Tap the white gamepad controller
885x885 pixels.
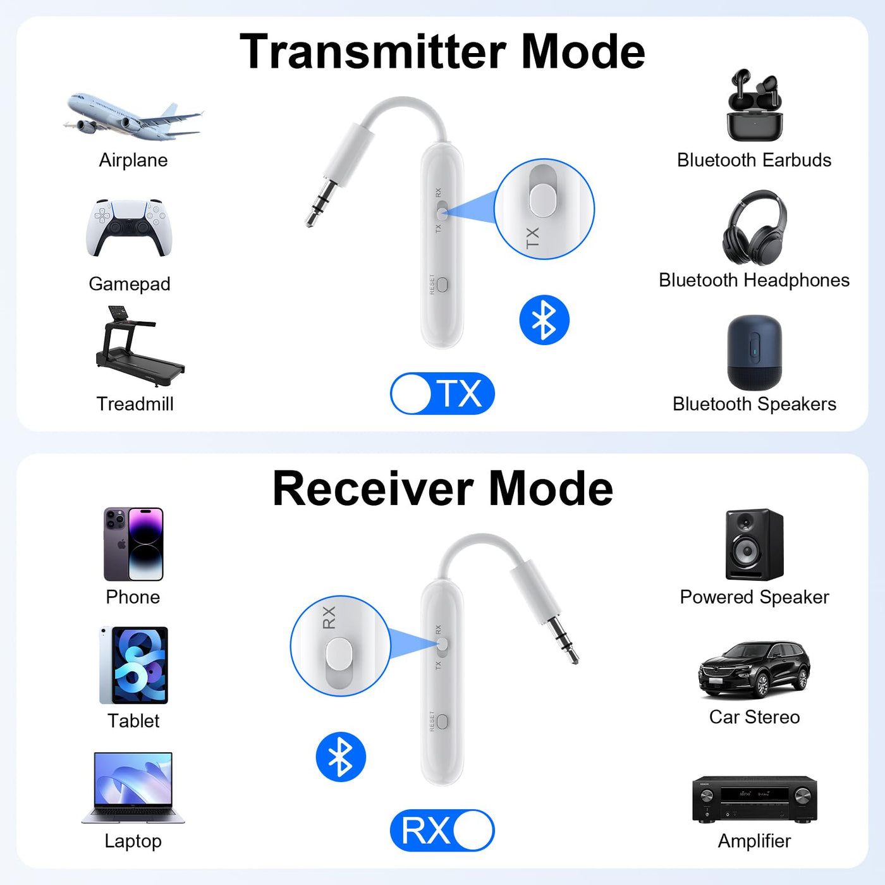pyautogui.click(x=129, y=228)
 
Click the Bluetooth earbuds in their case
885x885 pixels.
pyautogui.click(x=754, y=105)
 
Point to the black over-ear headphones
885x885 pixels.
pyautogui.click(x=754, y=228)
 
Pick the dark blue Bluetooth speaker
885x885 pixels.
pyautogui.click(x=754, y=352)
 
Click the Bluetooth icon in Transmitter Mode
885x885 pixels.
pyautogui.click(x=544, y=320)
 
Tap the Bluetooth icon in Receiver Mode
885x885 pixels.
pyautogui.click(x=341, y=757)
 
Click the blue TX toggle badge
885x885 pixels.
pyautogui.click(x=442, y=394)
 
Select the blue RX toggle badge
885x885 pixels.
pyautogui.click(x=442, y=831)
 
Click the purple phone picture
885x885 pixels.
pyautogui.click(x=133, y=544)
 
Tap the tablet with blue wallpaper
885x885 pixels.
pyautogui.click(x=133, y=666)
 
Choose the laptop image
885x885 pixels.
pyautogui.click(x=133, y=788)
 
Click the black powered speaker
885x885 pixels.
pyautogui.click(x=754, y=544)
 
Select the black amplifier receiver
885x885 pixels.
pyautogui.click(x=755, y=799)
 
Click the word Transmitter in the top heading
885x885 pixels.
pyautogui.click(x=372, y=51)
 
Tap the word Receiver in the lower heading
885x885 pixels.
pyautogui.click(x=373, y=489)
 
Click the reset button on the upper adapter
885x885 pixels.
pyautogui.click(x=442, y=284)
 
